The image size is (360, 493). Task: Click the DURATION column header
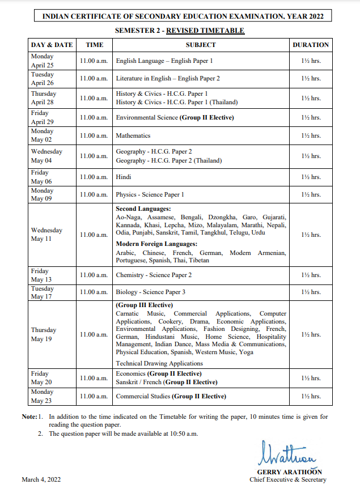point(310,44)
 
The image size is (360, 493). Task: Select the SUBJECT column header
point(201,44)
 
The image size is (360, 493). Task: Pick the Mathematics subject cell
point(133,136)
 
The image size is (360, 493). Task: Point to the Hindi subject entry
point(124,177)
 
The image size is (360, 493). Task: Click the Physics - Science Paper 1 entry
point(150,194)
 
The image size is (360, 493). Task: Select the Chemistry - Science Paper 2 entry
point(154,275)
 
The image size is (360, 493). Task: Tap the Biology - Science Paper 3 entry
point(150,292)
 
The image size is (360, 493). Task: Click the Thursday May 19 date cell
point(44,334)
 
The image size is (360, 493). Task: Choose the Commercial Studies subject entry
point(171,396)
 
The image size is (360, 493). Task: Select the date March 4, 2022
point(41,480)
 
